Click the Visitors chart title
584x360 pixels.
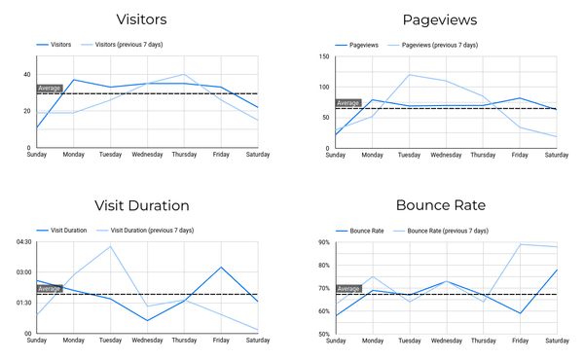pyautogui.click(x=140, y=19)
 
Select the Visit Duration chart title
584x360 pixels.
pyautogui.click(x=141, y=205)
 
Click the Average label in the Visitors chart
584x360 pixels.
pyautogui.click(x=49, y=89)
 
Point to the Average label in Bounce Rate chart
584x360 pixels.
pyautogui.click(x=347, y=288)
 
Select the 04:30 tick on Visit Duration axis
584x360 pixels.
pyautogui.click(x=22, y=242)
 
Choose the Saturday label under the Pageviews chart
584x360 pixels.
pyautogui.click(x=556, y=155)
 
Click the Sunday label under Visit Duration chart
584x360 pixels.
pyautogui.click(x=37, y=341)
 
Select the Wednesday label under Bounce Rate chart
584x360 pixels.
pyautogui.click(x=446, y=341)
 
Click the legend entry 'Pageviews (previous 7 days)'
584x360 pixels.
pyautogui.click(x=438, y=45)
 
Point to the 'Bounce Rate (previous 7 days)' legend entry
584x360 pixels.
pyautogui.click(x=444, y=230)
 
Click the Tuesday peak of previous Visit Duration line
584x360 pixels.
pyautogui.click(x=111, y=246)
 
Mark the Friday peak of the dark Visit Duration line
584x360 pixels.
pyautogui.click(x=222, y=268)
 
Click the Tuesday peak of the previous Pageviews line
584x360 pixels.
pyautogui.click(x=409, y=75)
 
